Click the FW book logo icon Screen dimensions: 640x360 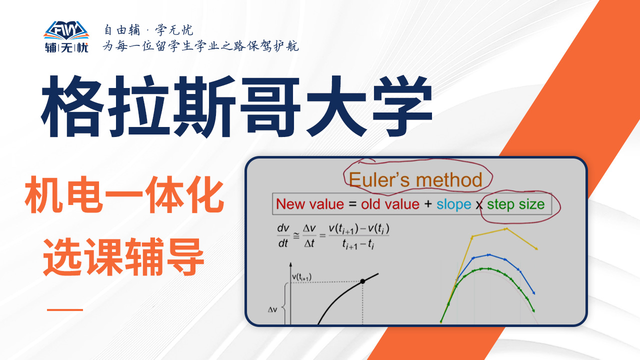[66, 30]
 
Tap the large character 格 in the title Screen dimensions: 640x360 [73, 106]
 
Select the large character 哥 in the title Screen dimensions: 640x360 [270, 106]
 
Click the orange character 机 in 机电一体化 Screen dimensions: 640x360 [44, 194]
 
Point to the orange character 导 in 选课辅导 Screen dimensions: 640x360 [185, 256]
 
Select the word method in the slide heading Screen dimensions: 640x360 [449, 179]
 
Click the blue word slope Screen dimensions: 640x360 [453, 204]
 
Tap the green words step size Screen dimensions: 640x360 [515, 204]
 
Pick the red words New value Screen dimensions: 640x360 [310, 204]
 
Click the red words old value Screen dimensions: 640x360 [390, 204]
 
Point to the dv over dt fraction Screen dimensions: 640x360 [283, 235]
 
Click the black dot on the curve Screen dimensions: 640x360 [362, 281]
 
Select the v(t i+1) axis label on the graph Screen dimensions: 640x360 [301, 277]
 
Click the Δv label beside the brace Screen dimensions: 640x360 [272, 309]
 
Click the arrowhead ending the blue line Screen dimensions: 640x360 [533, 293]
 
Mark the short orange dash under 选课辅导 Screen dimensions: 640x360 [65, 309]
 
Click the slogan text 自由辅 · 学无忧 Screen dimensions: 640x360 [148, 29]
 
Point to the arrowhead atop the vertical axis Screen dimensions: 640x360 [290, 264]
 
